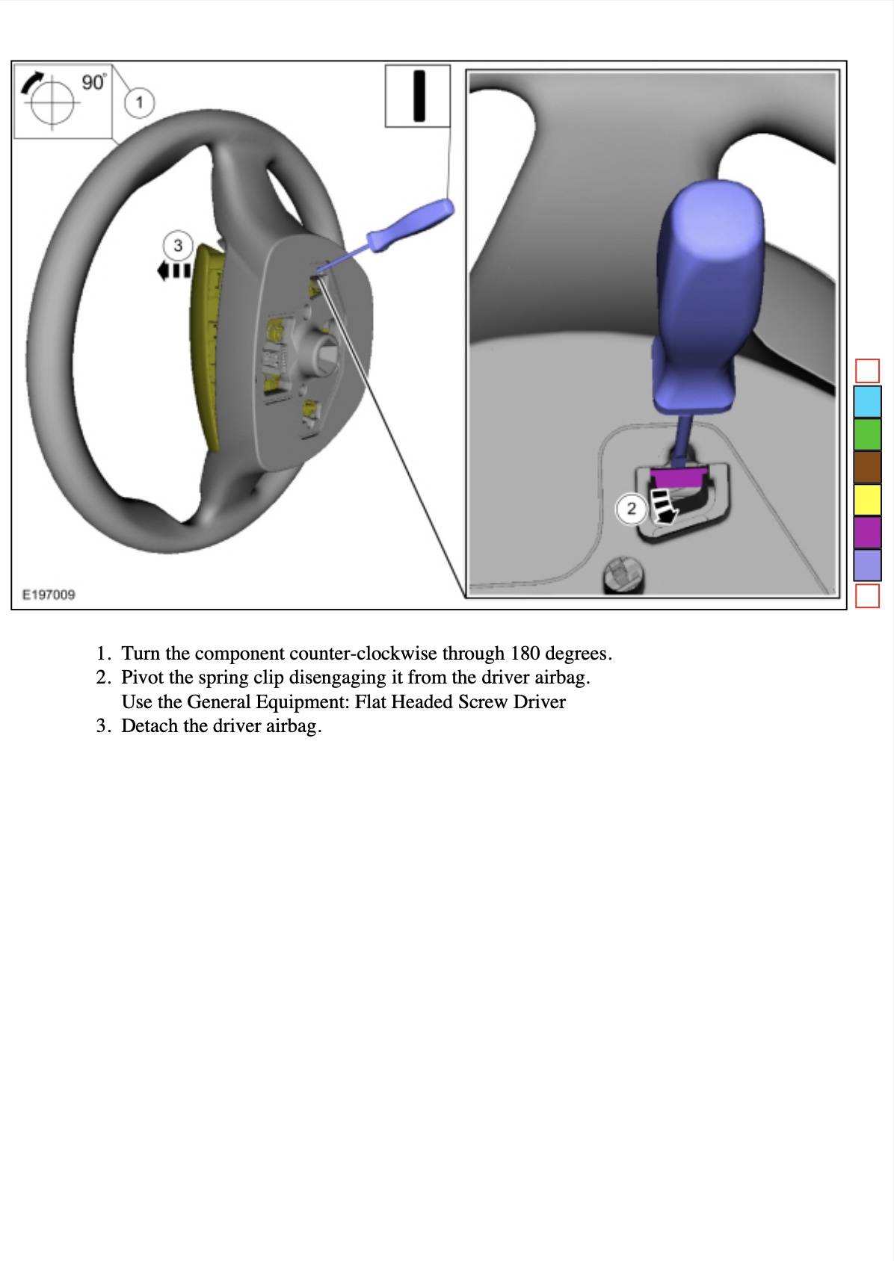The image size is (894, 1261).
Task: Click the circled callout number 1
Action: [139, 102]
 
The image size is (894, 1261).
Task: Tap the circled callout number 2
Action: [631, 509]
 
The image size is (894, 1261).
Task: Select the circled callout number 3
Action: [178, 245]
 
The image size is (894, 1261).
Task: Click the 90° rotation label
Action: [94, 82]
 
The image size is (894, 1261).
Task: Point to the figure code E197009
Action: [49, 595]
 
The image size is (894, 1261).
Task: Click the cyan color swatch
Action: [867, 401]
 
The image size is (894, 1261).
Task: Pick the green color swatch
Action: [867, 434]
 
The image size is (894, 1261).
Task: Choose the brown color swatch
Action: [867, 467]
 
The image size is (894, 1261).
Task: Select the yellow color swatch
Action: [867, 500]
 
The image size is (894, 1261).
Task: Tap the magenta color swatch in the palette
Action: [867, 532]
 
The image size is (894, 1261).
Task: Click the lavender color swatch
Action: [867, 565]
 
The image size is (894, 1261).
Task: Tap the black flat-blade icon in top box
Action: [419, 96]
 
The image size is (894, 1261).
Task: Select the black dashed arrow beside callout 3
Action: [173, 270]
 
